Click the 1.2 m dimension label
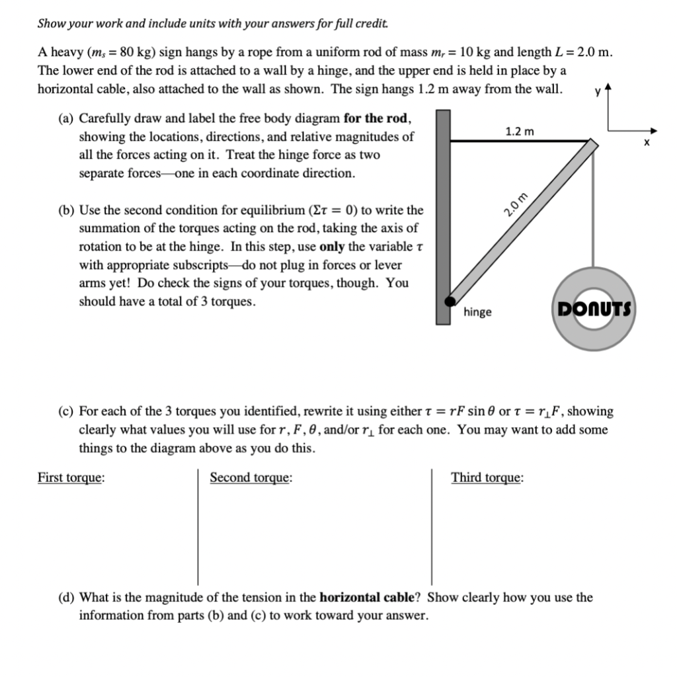pyautogui.click(x=520, y=131)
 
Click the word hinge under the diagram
pyautogui.click(x=477, y=311)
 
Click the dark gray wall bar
pyautogui.click(x=443, y=218)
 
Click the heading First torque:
pyautogui.click(x=71, y=478)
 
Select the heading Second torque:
pyautogui.click(x=252, y=478)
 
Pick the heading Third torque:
pyautogui.click(x=487, y=478)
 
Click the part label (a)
pyautogui.click(x=65, y=119)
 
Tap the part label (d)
pyautogui.click(x=65, y=598)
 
